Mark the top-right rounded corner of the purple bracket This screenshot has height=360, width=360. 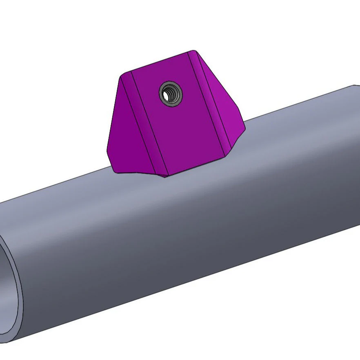193,52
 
